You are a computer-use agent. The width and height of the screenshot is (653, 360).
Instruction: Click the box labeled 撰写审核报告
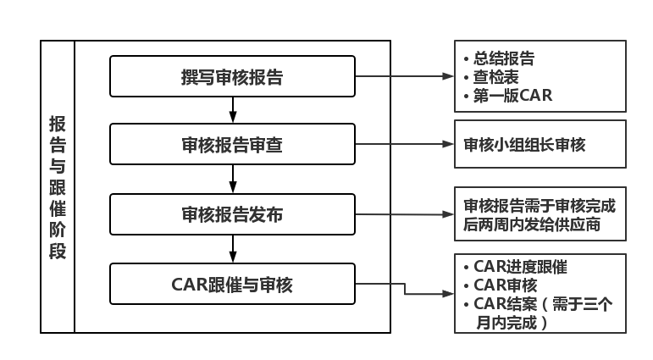(x=232, y=77)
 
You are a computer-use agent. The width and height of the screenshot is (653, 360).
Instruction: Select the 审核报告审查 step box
(x=232, y=145)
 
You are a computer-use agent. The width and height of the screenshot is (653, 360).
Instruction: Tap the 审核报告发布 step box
(x=232, y=214)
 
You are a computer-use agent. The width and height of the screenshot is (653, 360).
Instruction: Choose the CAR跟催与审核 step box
(x=232, y=284)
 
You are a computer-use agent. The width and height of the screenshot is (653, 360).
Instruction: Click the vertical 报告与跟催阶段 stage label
(x=58, y=186)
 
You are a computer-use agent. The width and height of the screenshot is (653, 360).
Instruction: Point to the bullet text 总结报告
(x=503, y=58)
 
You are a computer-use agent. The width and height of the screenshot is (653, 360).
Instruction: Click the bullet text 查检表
(x=496, y=77)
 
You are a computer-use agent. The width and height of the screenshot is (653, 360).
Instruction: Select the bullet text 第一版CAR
(x=512, y=96)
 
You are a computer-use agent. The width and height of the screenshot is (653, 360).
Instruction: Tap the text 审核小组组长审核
(x=524, y=145)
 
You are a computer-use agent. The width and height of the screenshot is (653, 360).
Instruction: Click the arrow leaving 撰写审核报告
(x=404, y=76)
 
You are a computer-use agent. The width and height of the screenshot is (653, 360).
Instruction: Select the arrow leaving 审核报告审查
(x=404, y=145)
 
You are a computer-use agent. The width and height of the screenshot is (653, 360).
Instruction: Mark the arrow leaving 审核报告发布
(x=404, y=214)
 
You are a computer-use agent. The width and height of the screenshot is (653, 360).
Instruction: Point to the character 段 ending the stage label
(x=58, y=252)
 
